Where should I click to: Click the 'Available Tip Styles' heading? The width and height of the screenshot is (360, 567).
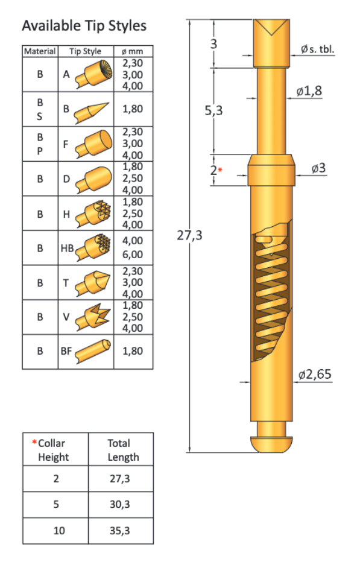pos(84,26)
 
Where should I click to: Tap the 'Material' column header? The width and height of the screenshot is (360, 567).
pos(40,51)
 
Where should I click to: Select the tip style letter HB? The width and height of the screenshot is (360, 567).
pos(67,249)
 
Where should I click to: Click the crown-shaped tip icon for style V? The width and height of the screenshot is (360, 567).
pos(93,317)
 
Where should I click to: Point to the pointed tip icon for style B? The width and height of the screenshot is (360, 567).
pos(92,112)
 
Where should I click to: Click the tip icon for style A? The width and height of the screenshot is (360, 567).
pos(94,75)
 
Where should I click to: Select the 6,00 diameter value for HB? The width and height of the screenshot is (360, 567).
pos(133,255)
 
